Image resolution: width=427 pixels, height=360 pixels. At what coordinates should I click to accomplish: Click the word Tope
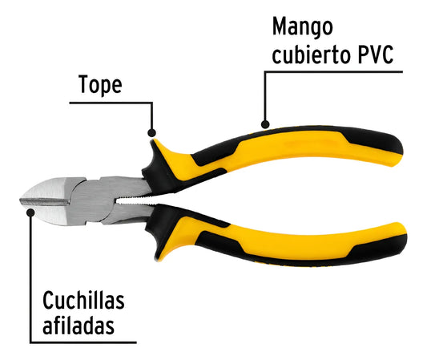tap(100, 85)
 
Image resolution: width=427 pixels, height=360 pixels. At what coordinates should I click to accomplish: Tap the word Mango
tap(303, 27)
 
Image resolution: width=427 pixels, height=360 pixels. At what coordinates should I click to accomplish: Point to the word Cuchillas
tap(83, 301)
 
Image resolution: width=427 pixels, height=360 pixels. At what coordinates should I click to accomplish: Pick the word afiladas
tap(79, 325)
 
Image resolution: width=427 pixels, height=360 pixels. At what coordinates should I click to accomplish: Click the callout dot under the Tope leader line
tap(151, 133)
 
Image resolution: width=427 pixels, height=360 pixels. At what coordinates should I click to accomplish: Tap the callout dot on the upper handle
tap(265, 124)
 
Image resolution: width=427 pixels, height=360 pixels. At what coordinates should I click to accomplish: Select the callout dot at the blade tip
tap(30, 212)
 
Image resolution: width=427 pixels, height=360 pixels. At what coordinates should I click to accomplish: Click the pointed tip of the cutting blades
tap(21, 201)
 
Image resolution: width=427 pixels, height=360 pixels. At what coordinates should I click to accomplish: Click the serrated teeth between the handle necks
tap(135, 200)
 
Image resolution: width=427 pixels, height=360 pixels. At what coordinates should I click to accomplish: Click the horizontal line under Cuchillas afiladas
tap(83, 342)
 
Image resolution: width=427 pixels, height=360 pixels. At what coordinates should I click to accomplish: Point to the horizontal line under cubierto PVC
tap(333, 72)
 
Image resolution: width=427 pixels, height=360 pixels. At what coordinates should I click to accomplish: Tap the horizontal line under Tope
tap(111, 103)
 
